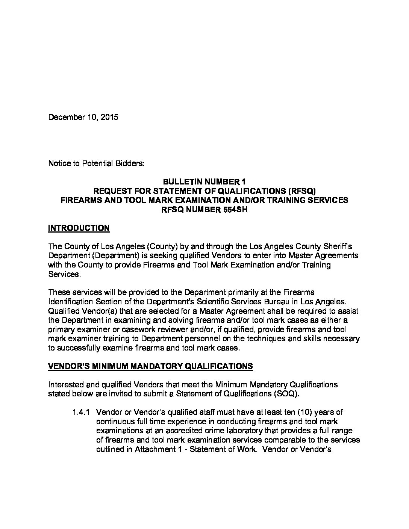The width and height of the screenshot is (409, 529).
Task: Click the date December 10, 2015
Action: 83,117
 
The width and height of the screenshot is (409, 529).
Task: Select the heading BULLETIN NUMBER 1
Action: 204,182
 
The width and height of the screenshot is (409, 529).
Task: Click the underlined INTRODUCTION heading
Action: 79,228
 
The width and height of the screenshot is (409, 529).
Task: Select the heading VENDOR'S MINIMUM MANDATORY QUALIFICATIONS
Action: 150,366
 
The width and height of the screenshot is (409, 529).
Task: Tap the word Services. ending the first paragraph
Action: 64,274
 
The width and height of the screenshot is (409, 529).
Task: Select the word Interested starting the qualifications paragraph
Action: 66,384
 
